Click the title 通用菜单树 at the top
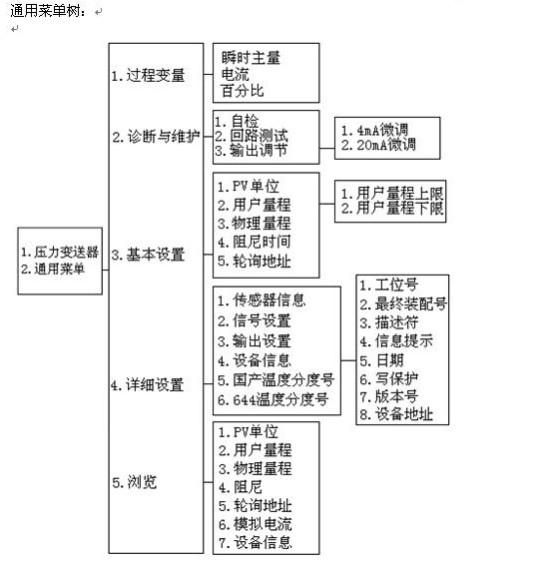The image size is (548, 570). (x=48, y=11)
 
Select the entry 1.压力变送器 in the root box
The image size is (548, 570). (x=60, y=252)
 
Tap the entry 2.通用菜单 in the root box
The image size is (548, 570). (x=53, y=269)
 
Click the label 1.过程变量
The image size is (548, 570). (x=149, y=76)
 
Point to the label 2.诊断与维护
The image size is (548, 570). (x=156, y=137)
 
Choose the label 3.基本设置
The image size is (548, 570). (x=149, y=255)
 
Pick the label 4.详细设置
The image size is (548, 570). (x=148, y=384)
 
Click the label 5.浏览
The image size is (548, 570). (x=135, y=482)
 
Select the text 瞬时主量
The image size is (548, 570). (x=251, y=58)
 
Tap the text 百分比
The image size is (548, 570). (x=243, y=91)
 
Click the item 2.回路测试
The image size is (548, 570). (x=252, y=136)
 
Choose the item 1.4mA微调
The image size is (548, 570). (x=374, y=130)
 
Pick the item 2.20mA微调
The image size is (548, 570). (x=378, y=145)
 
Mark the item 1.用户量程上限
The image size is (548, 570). (x=392, y=193)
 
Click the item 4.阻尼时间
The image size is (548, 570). (x=255, y=243)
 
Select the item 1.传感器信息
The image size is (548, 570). (x=262, y=300)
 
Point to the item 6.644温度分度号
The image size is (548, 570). (x=274, y=400)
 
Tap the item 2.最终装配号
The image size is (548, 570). (x=403, y=303)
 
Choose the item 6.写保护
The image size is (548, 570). (x=389, y=379)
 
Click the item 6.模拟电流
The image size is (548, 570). (x=256, y=524)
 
